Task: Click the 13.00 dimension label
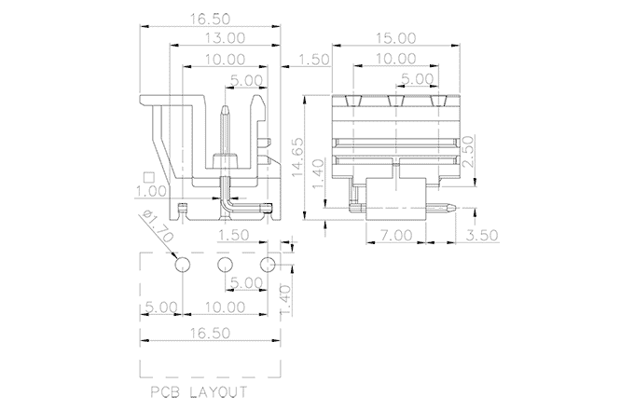coord(225,38)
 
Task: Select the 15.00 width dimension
coord(396,38)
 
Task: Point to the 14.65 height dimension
coord(297,157)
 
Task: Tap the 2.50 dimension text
coord(467,152)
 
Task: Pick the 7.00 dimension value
coord(395,235)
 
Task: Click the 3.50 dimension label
coord(482,235)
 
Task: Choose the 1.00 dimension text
coord(150,191)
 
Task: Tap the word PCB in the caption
coord(165,391)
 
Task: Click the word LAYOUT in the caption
coord(218,391)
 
